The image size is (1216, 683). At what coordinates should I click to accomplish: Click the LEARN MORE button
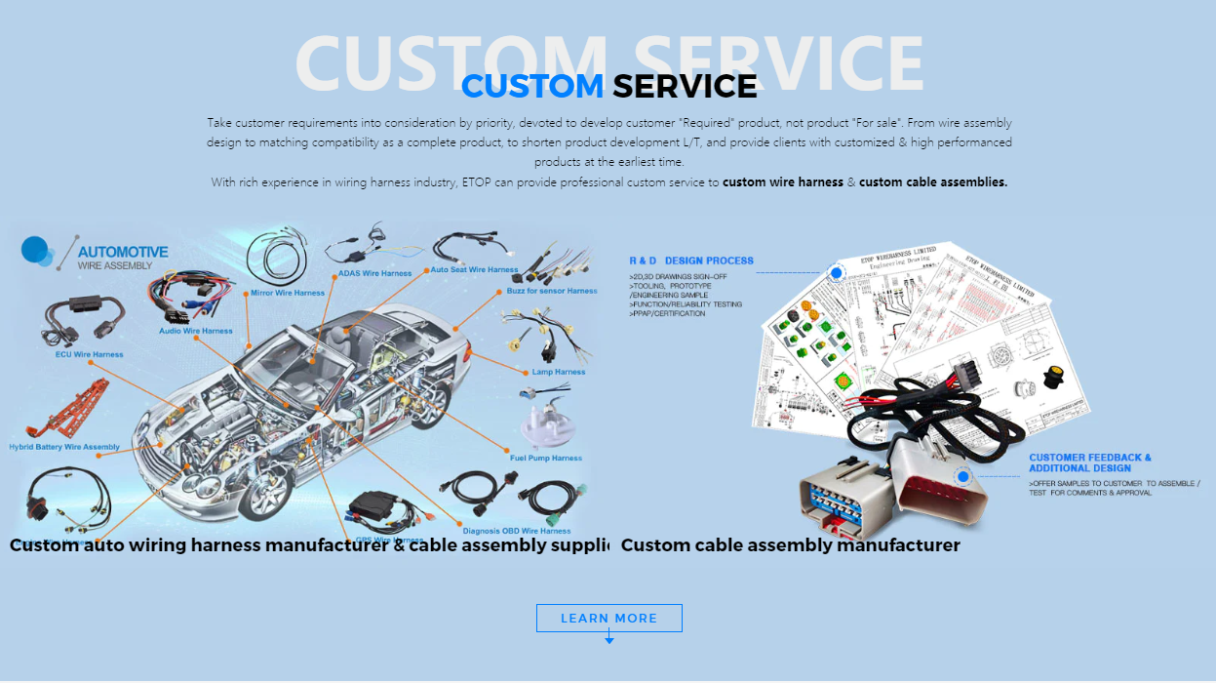click(608, 619)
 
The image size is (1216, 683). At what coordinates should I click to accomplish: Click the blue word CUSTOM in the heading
click(532, 86)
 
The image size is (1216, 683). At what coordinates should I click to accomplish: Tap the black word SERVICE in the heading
click(685, 86)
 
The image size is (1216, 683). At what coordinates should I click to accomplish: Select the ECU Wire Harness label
click(89, 354)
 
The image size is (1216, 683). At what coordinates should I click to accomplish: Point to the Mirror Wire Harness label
click(288, 293)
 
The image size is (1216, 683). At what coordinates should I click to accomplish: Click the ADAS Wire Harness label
click(374, 273)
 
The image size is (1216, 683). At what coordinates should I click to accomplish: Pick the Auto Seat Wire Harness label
click(475, 269)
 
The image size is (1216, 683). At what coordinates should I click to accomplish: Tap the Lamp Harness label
click(559, 372)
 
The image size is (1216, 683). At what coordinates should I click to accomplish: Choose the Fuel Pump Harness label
click(546, 458)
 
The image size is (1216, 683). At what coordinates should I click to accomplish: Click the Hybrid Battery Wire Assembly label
click(64, 447)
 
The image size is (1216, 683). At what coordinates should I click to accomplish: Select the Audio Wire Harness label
click(196, 331)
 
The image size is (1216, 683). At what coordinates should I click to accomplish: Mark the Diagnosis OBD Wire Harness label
click(517, 531)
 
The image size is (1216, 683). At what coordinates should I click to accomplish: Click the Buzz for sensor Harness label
click(552, 291)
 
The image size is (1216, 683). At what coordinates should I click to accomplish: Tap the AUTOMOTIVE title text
click(123, 252)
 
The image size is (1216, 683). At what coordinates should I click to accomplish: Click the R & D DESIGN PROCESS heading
click(691, 261)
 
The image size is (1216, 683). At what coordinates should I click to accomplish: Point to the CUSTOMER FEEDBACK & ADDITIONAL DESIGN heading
click(1090, 462)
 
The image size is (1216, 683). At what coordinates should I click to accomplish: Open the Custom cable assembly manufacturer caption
click(790, 545)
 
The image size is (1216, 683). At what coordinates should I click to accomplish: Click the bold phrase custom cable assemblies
click(932, 181)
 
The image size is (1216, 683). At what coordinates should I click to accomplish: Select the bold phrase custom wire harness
click(782, 181)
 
